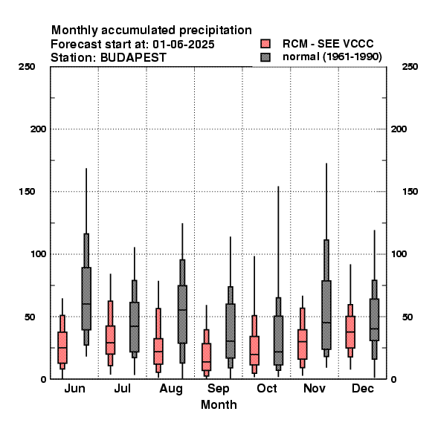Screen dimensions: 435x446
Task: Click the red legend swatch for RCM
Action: point(265,44)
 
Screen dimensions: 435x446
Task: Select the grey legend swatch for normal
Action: point(265,57)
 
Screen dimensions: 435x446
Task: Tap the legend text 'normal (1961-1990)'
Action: point(332,57)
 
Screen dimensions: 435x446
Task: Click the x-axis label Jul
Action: point(123,388)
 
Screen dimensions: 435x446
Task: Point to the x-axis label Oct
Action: point(266,388)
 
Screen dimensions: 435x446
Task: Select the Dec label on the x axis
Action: point(363,388)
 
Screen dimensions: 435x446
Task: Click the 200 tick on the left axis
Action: point(38,129)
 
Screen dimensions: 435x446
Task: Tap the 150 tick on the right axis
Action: point(410,192)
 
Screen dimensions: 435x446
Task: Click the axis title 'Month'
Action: point(219,404)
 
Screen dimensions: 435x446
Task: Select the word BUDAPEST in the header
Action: point(133,57)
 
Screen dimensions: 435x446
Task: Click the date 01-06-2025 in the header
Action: point(184,45)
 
